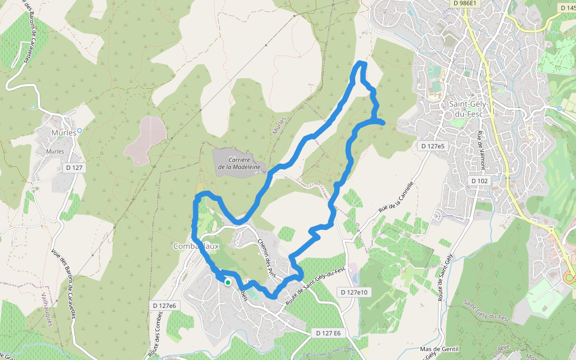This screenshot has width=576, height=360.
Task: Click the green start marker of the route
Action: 228,282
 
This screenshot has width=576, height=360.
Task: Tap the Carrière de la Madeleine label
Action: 239,163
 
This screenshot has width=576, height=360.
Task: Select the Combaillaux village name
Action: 196,246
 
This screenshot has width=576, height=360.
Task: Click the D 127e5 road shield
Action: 433,146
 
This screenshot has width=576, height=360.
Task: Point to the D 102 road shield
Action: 479,181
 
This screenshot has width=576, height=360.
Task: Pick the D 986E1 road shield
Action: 466,3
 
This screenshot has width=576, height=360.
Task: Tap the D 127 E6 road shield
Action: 328,333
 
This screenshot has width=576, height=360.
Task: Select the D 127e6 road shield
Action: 164,306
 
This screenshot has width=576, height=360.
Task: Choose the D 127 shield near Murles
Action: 73,167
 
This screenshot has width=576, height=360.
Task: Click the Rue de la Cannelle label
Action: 396,200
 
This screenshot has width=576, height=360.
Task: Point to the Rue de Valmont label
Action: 481,146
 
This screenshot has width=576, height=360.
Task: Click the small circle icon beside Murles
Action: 79,130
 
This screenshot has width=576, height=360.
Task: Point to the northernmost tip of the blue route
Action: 361,62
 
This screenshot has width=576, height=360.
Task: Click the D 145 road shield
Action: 567,8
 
